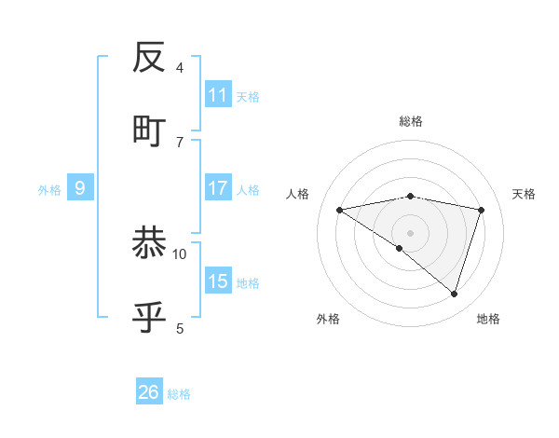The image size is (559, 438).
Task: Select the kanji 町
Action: (150, 130)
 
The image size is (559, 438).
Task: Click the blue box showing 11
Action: (218, 95)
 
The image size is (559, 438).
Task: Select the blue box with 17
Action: (218, 188)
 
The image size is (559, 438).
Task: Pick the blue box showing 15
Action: (218, 281)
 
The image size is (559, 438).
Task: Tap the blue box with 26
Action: (149, 392)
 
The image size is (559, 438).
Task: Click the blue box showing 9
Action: (80, 188)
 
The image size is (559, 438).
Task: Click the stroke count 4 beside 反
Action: (180, 68)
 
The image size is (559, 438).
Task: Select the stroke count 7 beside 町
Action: (180, 142)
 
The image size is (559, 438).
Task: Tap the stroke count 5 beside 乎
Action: (180, 328)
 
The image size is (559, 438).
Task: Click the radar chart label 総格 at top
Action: (410, 121)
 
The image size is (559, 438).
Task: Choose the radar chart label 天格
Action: (525, 194)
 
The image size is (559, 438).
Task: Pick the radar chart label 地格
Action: (488, 319)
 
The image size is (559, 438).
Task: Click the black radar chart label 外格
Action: (328, 319)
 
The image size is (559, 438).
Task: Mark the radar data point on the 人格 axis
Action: (340, 210)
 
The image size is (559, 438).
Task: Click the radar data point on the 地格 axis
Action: (454, 294)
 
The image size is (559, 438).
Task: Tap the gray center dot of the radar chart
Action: (410, 232)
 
